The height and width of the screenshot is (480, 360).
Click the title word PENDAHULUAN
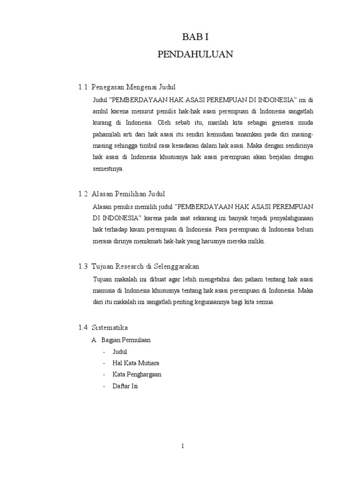tap(195, 54)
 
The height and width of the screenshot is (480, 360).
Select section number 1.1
tap(83, 87)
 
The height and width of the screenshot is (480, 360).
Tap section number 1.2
tap(83, 194)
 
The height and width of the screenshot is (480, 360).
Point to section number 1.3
tap(83, 266)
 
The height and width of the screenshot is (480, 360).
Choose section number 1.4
tap(83, 327)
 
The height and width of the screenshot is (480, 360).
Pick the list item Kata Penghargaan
tap(137, 375)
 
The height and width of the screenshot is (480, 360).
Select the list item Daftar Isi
tap(125, 387)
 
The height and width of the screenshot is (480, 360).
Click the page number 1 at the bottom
tap(182, 447)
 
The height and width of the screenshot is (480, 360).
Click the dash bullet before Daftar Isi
tap(104, 387)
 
